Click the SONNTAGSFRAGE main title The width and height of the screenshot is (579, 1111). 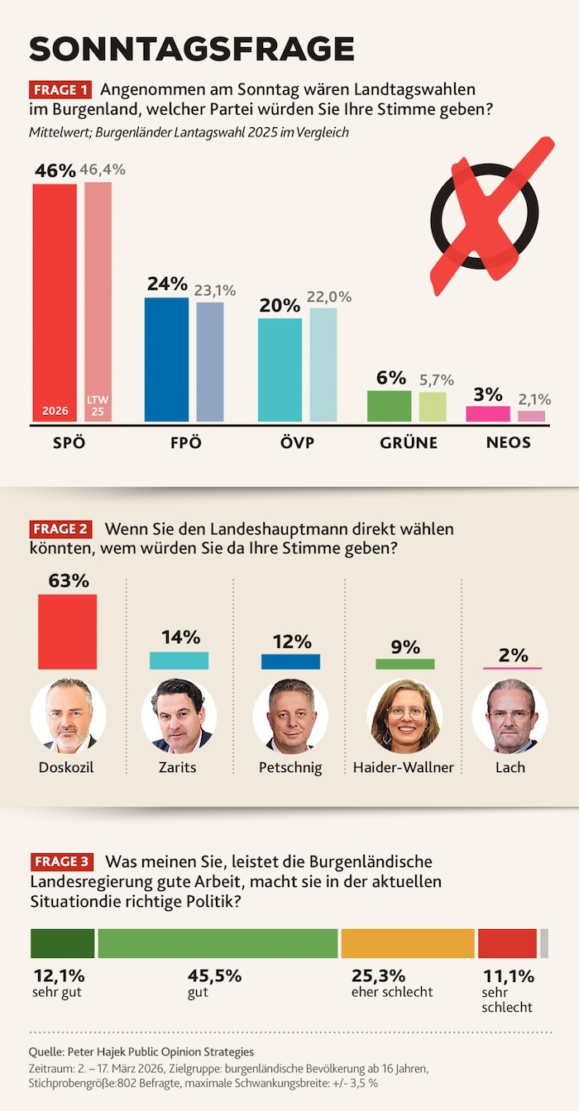click(192, 49)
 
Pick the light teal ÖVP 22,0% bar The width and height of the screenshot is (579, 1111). click(323, 365)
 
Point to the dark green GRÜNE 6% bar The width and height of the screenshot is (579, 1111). click(389, 406)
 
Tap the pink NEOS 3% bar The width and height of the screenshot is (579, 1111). click(488, 413)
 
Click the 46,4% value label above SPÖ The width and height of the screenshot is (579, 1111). click(102, 169)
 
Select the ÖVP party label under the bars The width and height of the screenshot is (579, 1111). click(297, 443)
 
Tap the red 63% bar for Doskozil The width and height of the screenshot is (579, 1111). click(68, 632)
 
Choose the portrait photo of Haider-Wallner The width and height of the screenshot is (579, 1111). click(404, 715)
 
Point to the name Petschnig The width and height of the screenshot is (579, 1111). click(290, 768)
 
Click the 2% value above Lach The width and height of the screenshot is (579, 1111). click(513, 655)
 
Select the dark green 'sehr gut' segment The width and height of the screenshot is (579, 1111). click(62, 943)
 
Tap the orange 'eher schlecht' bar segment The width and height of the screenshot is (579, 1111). click(408, 943)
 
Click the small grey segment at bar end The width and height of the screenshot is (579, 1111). click(544, 943)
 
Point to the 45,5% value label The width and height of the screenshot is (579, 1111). click(214, 975)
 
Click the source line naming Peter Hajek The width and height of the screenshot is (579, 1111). click(141, 1051)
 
